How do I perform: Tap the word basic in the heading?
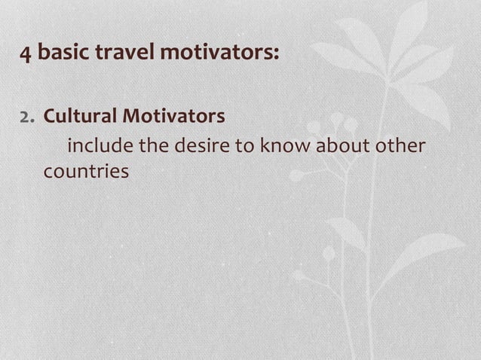[60, 54]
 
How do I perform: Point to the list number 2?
[28, 117]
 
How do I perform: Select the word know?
[286, 145]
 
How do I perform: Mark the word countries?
[86, 172]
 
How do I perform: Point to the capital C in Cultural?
[50, 117]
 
